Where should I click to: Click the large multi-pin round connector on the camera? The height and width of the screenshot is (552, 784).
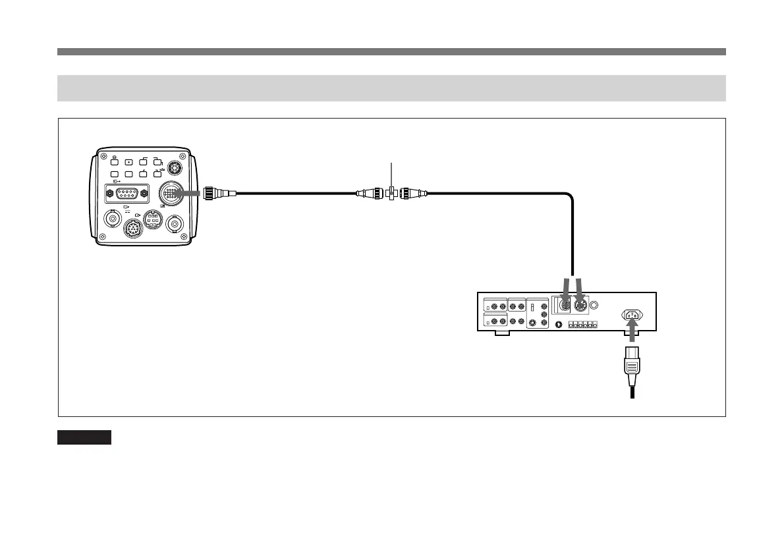173,194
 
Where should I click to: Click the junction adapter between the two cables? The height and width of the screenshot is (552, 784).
392,194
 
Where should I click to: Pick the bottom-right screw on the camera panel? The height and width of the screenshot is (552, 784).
192,238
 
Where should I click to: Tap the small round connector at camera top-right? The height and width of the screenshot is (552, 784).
174,167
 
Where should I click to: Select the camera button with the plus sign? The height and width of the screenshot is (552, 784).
128,162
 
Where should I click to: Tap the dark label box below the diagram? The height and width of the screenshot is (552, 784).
84,437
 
